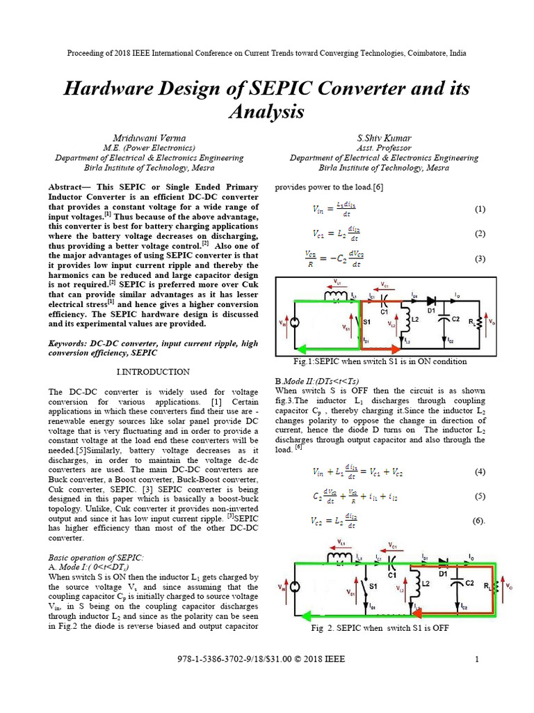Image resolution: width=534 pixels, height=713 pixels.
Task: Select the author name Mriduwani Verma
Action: [x=149, y=137]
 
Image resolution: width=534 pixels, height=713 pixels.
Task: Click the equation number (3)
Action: [x=480, y=258]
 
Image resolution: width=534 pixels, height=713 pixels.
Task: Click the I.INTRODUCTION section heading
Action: [x=153, y=372]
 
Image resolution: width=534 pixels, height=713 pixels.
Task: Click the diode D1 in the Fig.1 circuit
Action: [x=431, y=301]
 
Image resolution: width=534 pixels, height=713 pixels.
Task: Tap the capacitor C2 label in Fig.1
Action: [x=457, y=319]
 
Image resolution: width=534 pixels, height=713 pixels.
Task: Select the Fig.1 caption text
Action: [x=380, y=362]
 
